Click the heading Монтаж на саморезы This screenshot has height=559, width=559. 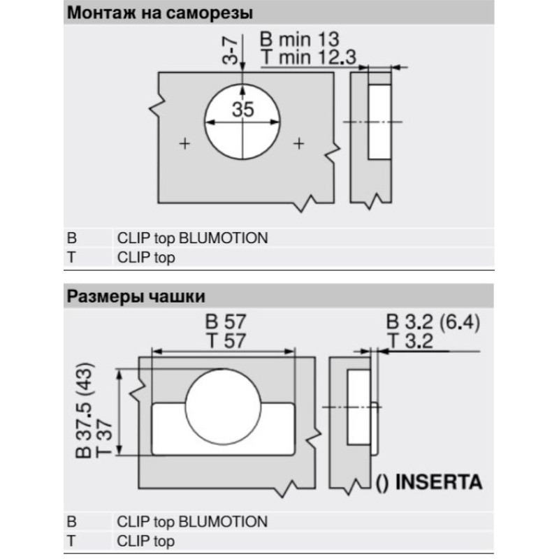coord(160,13)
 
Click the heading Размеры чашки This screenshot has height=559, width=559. coord(136,296)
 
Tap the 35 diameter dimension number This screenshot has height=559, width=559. coord(242,109)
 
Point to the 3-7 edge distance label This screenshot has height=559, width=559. coord(230,51)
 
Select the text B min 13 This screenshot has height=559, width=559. coord(300,39)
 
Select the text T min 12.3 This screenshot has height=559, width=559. coord(308,57)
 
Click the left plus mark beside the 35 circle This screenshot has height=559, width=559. coord(184,144)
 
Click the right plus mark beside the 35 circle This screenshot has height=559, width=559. coord(299,144)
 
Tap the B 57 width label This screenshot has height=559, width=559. coord(226,321)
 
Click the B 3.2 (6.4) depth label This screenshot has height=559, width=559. coord(433,322)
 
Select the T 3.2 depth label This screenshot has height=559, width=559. coord(410,341)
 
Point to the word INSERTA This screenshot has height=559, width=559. coord(439,481)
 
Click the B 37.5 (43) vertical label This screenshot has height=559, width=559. coord(85,410)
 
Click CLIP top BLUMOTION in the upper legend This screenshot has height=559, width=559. coord(192,238)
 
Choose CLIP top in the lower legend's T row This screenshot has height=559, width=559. coord(145,541)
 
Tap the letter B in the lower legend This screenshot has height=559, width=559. coord(71,521)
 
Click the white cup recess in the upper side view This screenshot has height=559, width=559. coord(379,122)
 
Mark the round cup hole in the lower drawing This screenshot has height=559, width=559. coord(223,407)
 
